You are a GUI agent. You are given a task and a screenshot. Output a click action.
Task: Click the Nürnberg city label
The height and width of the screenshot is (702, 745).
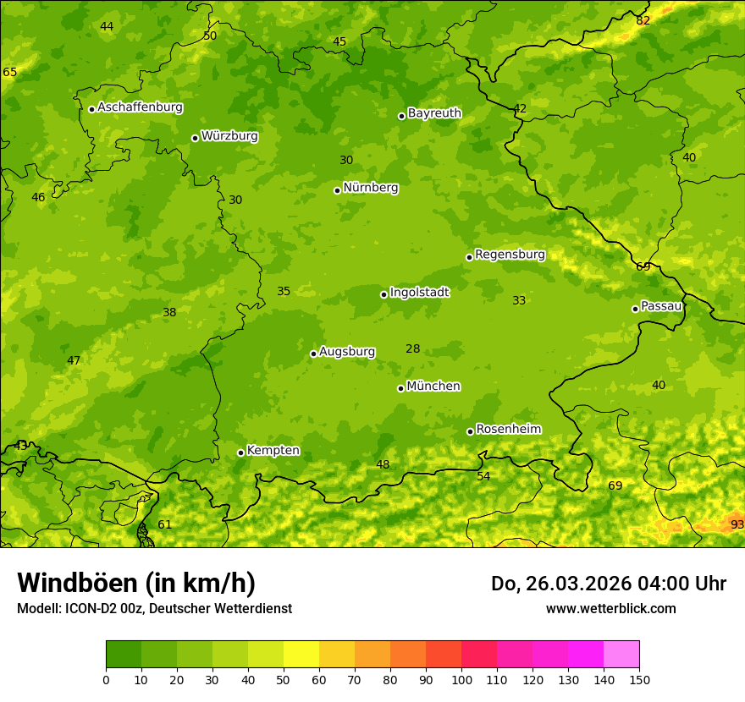pos(370,188)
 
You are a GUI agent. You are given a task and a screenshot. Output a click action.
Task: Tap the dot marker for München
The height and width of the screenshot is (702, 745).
pos(400,388)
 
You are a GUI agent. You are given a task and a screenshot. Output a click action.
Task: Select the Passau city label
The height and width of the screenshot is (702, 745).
pos(661,306)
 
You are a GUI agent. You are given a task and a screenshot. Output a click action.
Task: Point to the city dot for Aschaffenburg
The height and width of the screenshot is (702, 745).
pos(91,109)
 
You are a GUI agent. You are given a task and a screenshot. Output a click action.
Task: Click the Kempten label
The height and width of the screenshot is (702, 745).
pos(273,451)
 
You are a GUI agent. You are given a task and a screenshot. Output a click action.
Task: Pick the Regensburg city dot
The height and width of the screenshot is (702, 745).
pos(469,257)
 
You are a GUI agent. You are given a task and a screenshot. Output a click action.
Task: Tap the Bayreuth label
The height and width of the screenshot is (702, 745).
pos(434,113)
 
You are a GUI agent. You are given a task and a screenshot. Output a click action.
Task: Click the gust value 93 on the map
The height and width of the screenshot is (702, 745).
pos(737,524)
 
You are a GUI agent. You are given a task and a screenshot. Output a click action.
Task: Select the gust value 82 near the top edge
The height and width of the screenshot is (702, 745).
pos(643,20)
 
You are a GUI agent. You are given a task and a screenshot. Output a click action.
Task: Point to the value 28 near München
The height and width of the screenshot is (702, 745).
pos(412,349)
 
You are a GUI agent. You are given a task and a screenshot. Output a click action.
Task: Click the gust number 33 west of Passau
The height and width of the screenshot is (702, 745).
pos(519,300)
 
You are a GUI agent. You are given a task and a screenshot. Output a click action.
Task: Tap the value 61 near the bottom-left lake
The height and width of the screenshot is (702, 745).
pos(164,524)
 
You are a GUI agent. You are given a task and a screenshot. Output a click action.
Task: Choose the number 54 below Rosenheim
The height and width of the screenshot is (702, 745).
pos(483,476)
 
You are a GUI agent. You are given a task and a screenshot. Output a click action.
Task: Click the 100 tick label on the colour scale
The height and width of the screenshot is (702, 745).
pos(461,679)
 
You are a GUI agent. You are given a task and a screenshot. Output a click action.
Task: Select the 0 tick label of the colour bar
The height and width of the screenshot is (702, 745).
pos(106,679)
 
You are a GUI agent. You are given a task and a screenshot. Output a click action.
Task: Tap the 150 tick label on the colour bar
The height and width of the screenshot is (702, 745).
pos(639,679)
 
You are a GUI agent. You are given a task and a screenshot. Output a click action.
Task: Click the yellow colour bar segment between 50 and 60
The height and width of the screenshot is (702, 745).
pos(301,655)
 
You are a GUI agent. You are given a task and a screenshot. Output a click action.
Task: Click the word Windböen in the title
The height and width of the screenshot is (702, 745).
pos(76,583)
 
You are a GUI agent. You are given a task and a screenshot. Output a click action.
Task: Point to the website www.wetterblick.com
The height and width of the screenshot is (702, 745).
pos(610,608)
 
